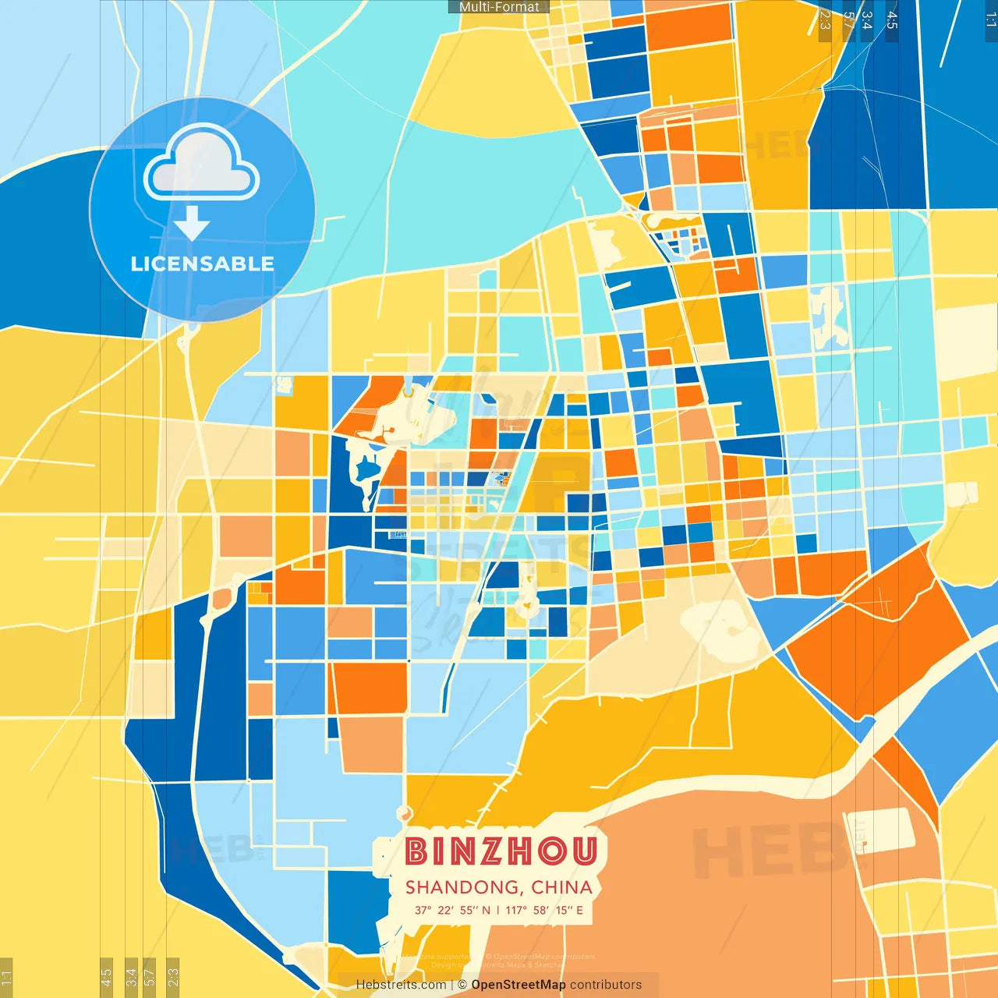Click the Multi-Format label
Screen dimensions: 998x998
tap(499, 7)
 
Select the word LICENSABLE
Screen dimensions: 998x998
tap(203, 264)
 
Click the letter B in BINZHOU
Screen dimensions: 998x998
tap(416, 851)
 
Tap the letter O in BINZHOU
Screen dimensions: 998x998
tap(552, 851)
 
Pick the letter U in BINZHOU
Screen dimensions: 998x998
tap(584, 851)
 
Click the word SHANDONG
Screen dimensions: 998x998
tap(463, 887)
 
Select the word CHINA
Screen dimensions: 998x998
tap(562, 887)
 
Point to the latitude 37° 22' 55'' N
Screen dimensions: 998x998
tap(453, 910)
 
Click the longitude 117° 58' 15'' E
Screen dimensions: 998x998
tap(544, 910)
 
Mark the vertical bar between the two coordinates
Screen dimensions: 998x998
tap(498, 910)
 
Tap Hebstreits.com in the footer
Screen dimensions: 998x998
tap(401, 985)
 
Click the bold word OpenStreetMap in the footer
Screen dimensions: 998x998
tap(518, 985)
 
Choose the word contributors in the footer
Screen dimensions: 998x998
tap(606, 985)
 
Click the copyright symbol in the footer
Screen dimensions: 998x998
tap(462, 985)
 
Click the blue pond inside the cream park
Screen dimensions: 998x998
tap(365, 469)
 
